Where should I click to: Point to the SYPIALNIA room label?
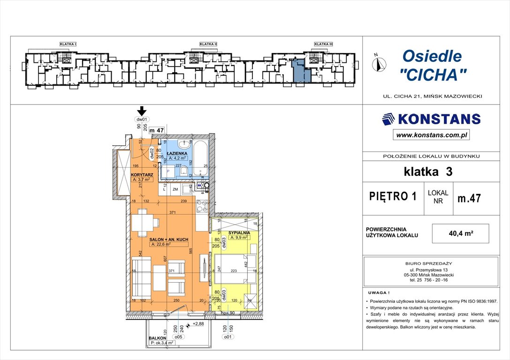pyautogui.click(x=240, y=232)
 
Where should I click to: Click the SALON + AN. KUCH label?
pyautogui.click(x=169, y=240)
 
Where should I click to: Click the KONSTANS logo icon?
pyautogui.click(x=389, y=119)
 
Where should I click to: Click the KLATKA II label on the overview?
pyautogui.click(x=208, y=44)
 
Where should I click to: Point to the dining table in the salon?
pyautogui.click(x=141, y=222)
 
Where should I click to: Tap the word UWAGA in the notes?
pyautogui.click(x=379, y=291)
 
